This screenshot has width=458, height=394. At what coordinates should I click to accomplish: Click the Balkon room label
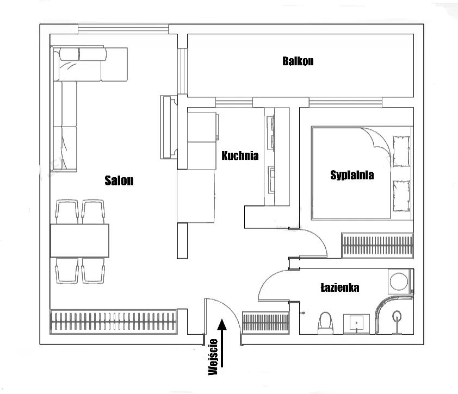click(298, 61)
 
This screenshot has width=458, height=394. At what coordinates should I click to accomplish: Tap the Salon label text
click(119, 181)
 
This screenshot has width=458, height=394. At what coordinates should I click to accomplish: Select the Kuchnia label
click(240, 156)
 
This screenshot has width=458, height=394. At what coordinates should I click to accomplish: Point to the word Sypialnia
click(352, 175)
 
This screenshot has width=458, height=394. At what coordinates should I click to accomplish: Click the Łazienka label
click(339, 287)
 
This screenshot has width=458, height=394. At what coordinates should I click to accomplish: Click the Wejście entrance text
click(213, 357)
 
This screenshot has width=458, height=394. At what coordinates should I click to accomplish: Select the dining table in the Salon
click(80, 241)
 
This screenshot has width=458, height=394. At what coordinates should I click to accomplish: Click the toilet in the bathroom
click(326, 322)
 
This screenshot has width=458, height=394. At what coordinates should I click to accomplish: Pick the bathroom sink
click(357, 323)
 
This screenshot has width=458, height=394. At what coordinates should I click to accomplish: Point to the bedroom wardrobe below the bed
click(376, 245)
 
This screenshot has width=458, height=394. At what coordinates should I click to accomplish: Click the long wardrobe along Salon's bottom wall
click(113, 322)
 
